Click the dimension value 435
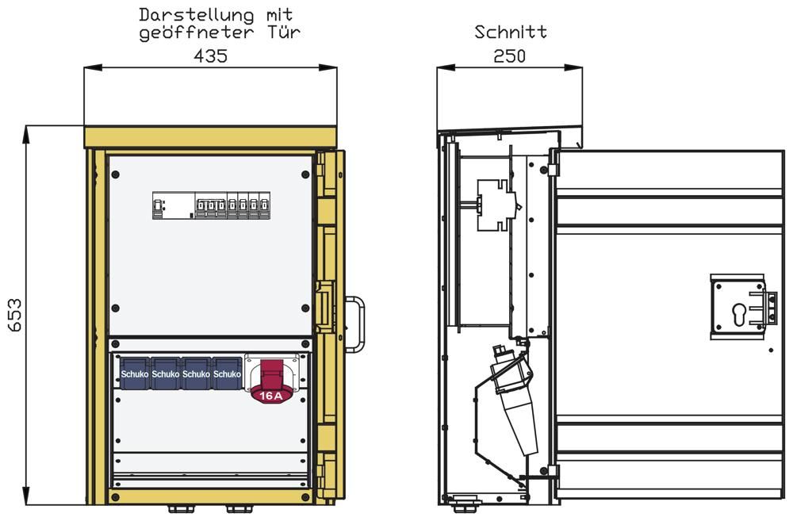coord(210,56)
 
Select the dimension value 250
coord(509,56)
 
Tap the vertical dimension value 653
coord(15,316)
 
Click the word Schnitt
coord(511,33)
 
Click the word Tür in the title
coord(284,33)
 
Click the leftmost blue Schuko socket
coord(135,374)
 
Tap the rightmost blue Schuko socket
coord(227,374)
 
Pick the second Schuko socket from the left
coord(166,374)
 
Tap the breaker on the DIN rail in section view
coord(496,205)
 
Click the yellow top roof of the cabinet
coord(210,137)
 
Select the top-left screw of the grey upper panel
coord(116,171)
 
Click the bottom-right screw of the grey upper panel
coord(305,308)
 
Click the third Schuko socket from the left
coord(197,374)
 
